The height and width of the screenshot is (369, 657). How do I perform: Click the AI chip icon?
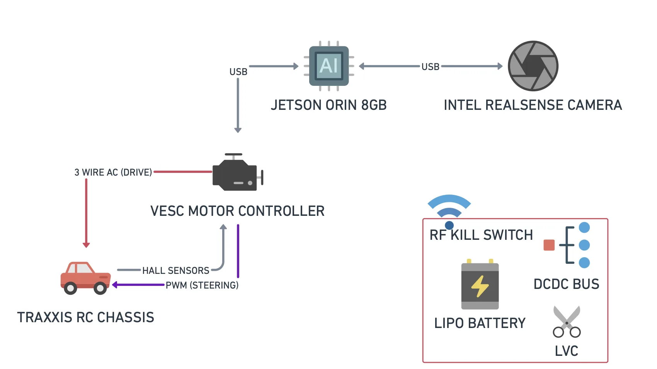click(x=329, y=66)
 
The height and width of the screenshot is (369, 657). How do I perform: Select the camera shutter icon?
click(x=533, y=66)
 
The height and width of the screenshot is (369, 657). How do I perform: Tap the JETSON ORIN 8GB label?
click(x=328, y=105)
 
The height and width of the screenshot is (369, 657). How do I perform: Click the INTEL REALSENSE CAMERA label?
click(x=533, y=105)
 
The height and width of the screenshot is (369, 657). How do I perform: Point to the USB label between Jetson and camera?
click(x=430, y=67)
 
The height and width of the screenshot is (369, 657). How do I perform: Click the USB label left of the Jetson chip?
click(x=238, y=72)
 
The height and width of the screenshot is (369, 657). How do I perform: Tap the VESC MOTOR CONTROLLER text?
click(x=237, y=211)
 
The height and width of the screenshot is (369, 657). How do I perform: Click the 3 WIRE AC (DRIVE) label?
click(x=113, y=173)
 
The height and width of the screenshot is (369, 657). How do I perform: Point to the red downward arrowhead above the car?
click(x=86, y=245)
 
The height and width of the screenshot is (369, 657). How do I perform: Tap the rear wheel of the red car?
click(x=70, y=288)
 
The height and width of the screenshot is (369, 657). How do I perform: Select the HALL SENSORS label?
click(x=175, y=271)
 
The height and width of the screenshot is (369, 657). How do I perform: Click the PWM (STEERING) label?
click(x=202, y=285)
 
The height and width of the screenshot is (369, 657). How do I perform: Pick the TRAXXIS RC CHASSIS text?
click(x=86, y=318)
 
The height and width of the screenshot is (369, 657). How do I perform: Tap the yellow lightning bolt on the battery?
click(x=480, y=286)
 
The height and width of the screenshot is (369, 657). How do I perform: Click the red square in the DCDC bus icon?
click(x=549, y=245)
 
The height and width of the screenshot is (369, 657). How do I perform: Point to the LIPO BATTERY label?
click(x=480, y=323)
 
